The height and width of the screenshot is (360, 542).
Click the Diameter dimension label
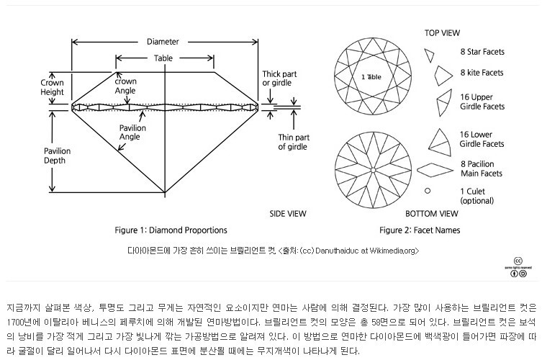tap(163, 42)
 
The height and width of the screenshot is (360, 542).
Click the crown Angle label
tap(125, 87)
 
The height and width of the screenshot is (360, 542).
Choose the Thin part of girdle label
tap(293, 142)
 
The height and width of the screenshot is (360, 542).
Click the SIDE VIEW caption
tap(287, 214)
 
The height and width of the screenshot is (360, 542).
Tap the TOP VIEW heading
tap(442, 33)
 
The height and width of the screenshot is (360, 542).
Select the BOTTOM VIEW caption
tap(431, 214)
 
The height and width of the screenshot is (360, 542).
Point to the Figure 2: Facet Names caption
tap(420, 230)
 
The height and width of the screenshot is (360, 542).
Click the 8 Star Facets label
tap(482, 53)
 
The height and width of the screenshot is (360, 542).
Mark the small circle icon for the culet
tap(428, 191)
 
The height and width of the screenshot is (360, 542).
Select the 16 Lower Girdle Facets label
tap(482, 139)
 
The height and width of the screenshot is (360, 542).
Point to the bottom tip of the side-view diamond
tap(165, 193)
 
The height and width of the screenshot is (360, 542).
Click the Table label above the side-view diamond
tap(163, 59)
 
